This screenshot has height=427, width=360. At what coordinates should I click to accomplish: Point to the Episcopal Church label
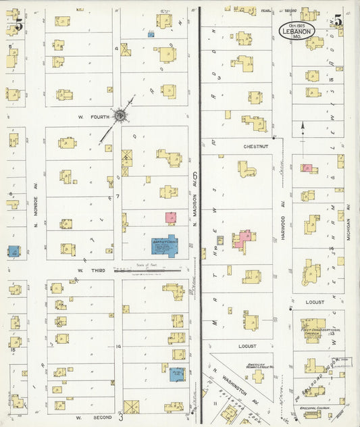[311, 408]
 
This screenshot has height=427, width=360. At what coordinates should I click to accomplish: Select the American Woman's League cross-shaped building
[257, 374]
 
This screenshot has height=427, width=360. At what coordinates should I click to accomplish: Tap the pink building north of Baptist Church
[171, 218]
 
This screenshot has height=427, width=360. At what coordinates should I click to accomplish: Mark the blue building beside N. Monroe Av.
[14, 251]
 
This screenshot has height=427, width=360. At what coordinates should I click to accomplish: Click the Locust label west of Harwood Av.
[247, 346]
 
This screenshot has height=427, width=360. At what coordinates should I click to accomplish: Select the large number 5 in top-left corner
[18, 25]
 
